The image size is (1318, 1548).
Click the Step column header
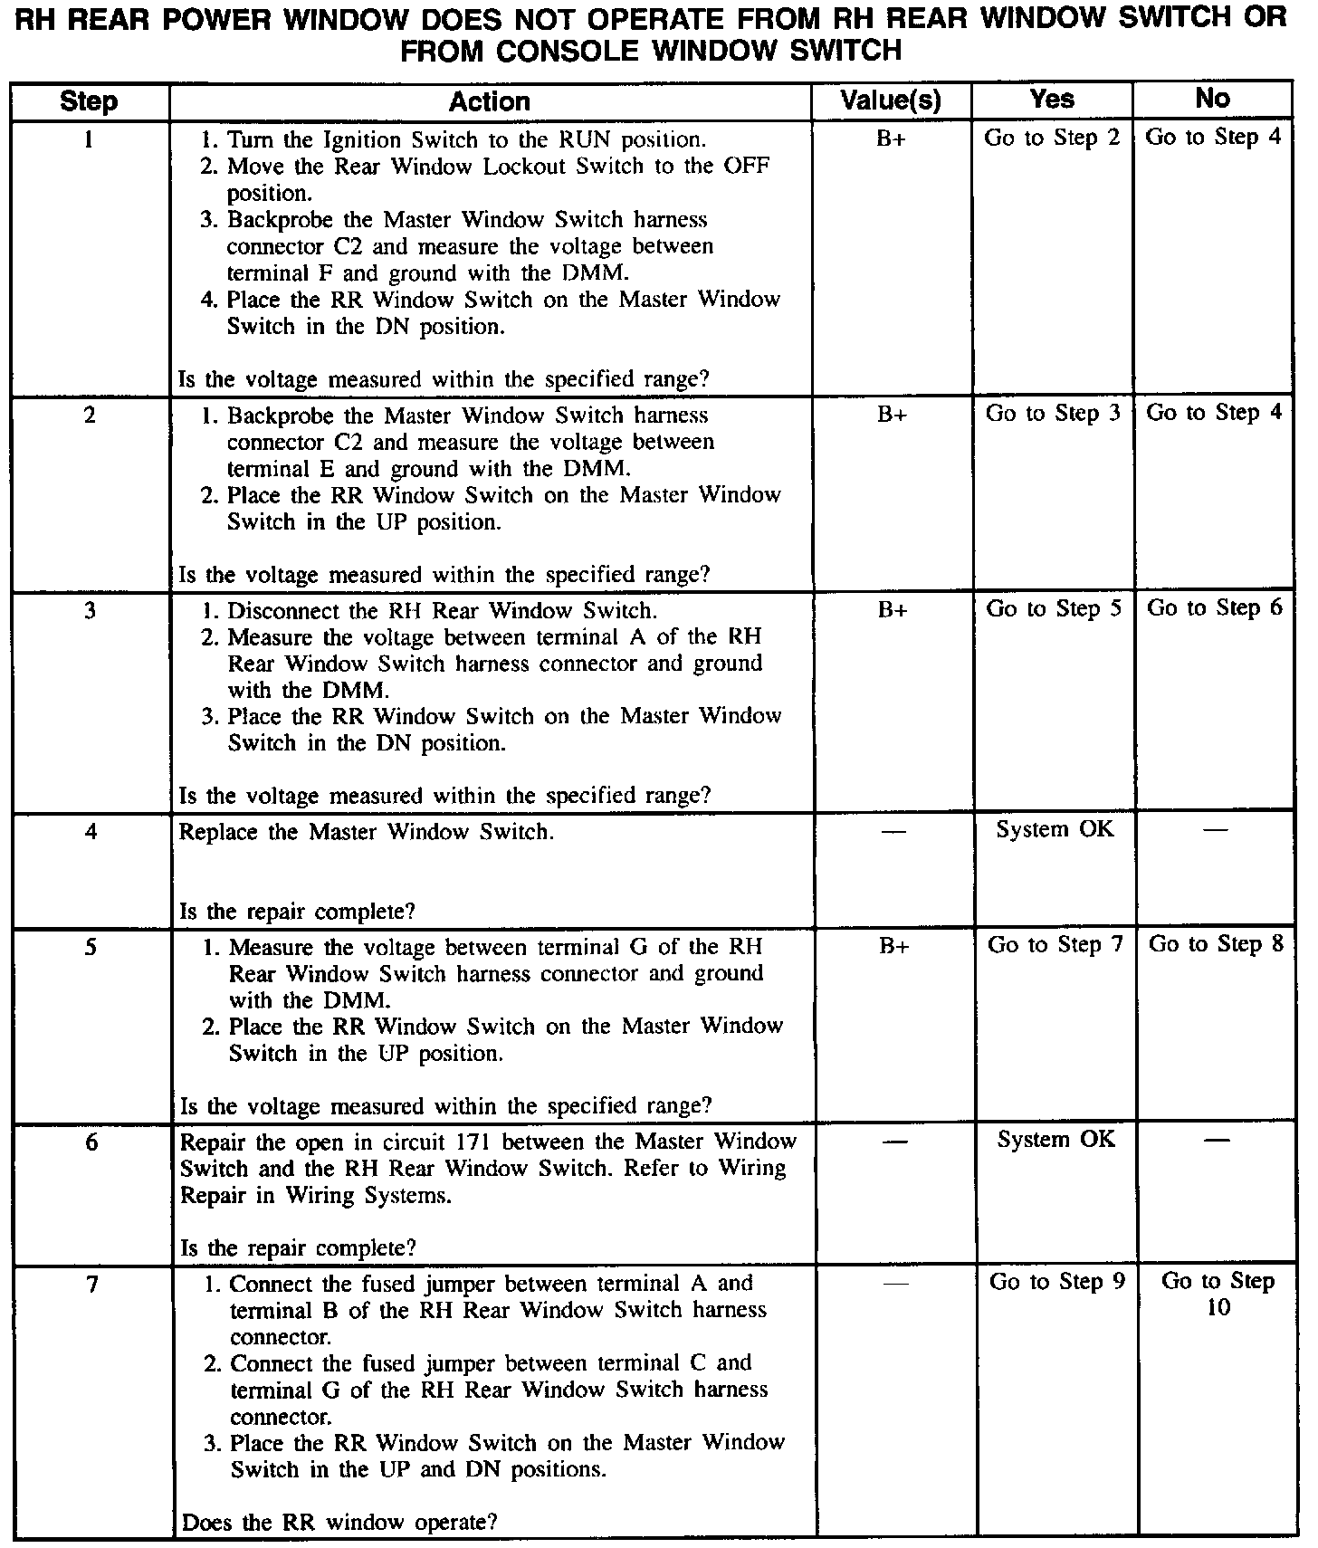click(x=89, y=101)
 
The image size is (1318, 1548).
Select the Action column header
click(x=489, y=101)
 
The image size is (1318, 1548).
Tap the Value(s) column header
click(x=891, y=100)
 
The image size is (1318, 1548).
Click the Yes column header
click(x=1052, y=99)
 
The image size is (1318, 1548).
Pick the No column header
click(x=1212, y=99)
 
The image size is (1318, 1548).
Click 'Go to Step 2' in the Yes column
click(x=1052, y=139)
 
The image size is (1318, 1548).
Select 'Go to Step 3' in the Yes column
click(x=1053, y=414)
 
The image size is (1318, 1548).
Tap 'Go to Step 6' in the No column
click(x=1215, y=608)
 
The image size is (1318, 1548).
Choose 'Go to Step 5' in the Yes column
click(x=1053, y=609)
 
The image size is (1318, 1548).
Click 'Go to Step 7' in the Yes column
click(x=1055, y=945)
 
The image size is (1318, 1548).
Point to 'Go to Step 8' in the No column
click(x=1216, y=945)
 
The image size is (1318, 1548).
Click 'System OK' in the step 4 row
click(x=1055, y=829)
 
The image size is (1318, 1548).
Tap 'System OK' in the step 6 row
click(x=1056, y=1140)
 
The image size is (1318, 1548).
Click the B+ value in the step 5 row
click(x=893, y=946)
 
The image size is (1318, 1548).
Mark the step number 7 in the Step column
click(x=91, y=1284)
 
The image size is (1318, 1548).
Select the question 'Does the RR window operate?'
click(x=339, y=1523)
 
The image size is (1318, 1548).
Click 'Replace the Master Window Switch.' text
click(x=366, y=832)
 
